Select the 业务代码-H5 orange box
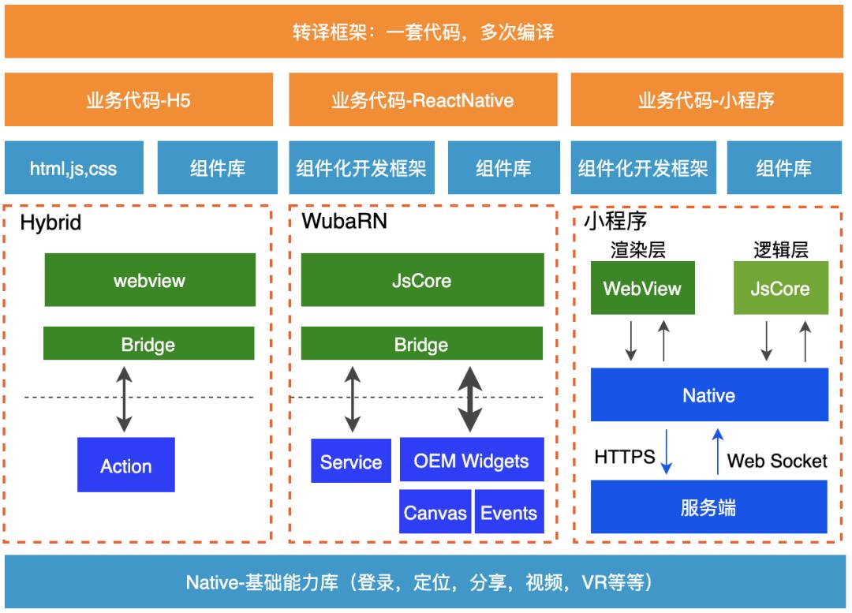tap(138, 100)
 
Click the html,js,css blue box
tap(73, 168)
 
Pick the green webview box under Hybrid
tap(149, 280)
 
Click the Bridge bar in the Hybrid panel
tap(148, 344)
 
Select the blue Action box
tap(126, 465)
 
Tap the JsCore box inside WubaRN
tap(422, 280)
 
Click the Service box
tap(351, 462)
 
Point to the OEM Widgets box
tap(472, 460)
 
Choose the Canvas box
tap(435, 513)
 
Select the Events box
tap(509, 513)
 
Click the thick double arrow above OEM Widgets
tap(471, 398)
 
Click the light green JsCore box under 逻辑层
tap(779, 288)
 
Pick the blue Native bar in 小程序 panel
tap(708, 394)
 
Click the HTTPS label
tap(625, 457)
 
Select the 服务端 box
tap(708, 507)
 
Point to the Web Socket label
tap(777, 461)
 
